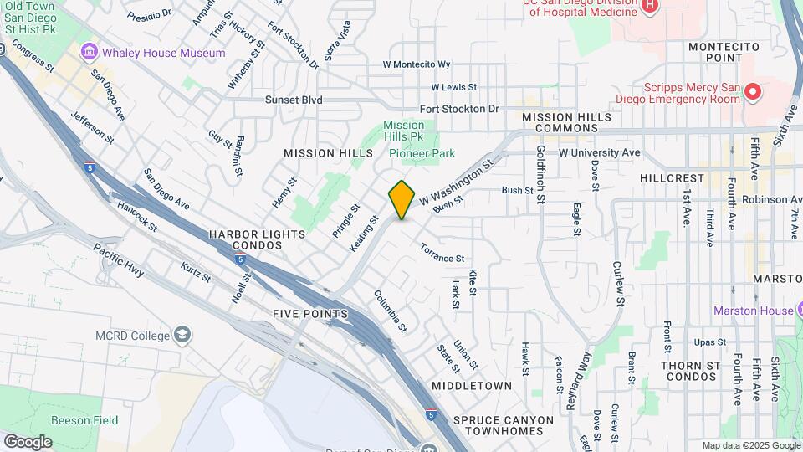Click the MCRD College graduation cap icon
point(181,336)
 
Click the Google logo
point(27,441)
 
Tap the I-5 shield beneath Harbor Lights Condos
point(240,258)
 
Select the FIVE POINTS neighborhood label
point(309,313)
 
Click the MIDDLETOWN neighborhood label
point(471,386)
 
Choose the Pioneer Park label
point(422,153)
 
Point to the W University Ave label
point(599,152)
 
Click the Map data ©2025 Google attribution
point(750,445)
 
